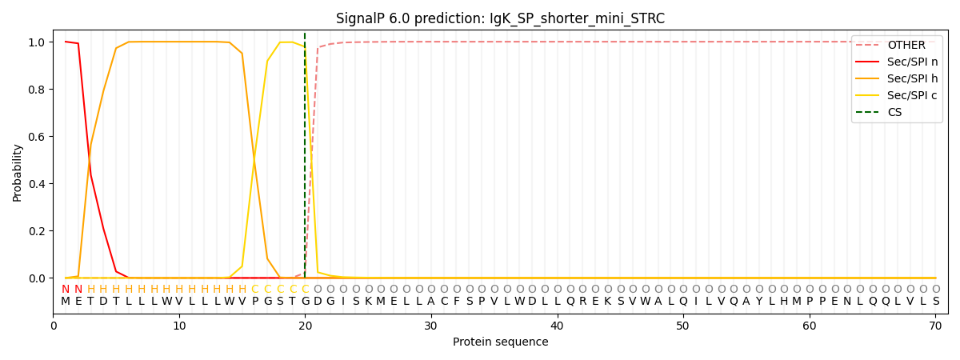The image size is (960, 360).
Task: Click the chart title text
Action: [500, 18]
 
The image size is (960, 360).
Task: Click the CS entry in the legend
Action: [894, 112]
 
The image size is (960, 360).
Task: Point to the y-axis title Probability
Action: [18, 172]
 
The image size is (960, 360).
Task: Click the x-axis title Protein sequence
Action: [500, 342]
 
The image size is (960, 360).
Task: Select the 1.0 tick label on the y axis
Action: [38, 42]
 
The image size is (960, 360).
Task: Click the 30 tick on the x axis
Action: [431, 326]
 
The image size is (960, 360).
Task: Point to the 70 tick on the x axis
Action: [935, 326]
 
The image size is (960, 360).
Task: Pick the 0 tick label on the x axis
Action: [53, 326]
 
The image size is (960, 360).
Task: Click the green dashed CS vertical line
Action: [305, 160]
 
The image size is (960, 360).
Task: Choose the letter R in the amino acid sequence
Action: [582, 302]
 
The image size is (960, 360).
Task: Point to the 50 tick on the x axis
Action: [683, 326]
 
